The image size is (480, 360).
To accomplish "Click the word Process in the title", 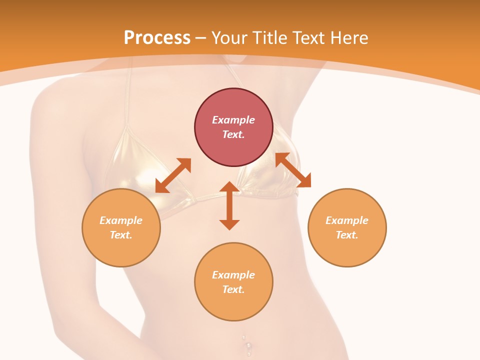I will coord(157,38).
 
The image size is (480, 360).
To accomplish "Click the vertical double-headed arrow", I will coord(229,205).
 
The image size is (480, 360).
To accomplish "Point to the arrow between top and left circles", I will coord(173,175).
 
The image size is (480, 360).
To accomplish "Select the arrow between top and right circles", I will coord(293,170).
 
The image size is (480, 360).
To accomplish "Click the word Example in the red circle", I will coord(233,120).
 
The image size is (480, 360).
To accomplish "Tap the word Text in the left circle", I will coord(121,235).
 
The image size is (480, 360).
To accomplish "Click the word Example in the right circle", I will coord(347,220).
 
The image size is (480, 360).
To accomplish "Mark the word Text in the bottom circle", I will coord(233,289).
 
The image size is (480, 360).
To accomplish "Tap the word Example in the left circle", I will coord(121,220).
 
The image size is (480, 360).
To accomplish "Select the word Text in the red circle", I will coord(233,134).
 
